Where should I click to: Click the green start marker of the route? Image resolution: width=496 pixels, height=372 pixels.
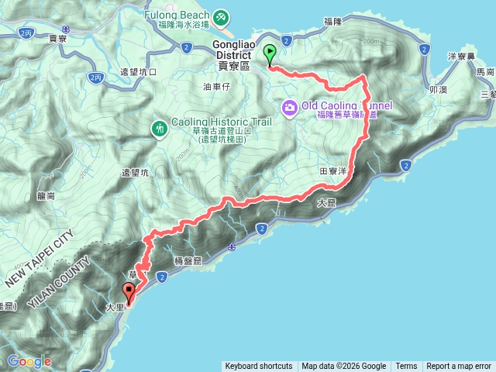click(x=270, y=54)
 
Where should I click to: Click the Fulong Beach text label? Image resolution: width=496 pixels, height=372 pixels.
click(x=177, y=14)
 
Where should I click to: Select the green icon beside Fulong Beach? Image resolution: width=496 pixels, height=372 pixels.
click(x=221, y=16)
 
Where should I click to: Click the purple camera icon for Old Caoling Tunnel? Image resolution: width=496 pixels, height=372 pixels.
click(x=289, y=106)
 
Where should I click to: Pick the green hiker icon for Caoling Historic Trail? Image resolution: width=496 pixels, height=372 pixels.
click(x=159, y=127)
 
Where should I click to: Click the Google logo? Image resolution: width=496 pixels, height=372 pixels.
click(x=29, y=361)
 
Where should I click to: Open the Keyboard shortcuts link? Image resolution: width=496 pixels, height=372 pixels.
click(x=259, y=367)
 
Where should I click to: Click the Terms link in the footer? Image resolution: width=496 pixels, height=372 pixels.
click(x=406, y=367)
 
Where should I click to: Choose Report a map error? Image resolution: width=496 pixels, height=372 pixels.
click(x=459, y=367)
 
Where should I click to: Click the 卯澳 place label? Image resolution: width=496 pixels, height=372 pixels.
click(x=438, y=89)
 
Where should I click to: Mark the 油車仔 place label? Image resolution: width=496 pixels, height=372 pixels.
click(x=216, y=87)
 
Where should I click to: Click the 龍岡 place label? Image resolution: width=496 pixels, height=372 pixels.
click(x=46, y=196)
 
